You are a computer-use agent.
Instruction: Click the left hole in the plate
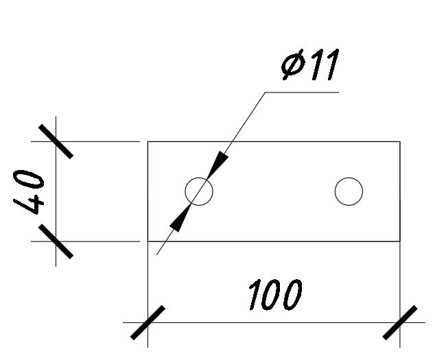coord(199,191)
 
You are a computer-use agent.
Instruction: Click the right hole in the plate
coord(349,191)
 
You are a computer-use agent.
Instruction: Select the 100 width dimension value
coord(274,295)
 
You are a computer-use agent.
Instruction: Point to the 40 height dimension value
coord(31,193)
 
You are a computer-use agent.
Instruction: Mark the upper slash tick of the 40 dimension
coord(56,142)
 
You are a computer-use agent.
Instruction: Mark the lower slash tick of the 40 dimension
coord(56,241)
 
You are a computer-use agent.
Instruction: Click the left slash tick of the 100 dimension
coord(148,322)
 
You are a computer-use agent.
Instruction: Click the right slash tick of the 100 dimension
coord(400,322)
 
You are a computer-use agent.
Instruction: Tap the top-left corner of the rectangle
coord(148,142)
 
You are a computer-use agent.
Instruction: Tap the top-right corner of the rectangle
coord(400,142)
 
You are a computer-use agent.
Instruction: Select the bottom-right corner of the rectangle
coord(400,241)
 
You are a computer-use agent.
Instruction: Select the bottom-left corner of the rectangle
coord(148,241)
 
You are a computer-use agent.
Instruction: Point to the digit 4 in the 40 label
coord(31,205)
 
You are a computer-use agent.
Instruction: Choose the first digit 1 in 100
coord(253,295)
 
